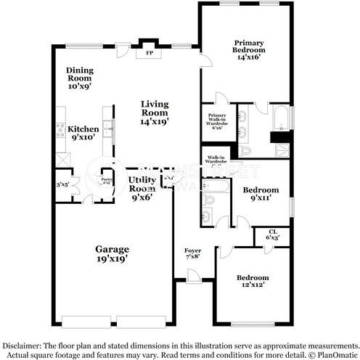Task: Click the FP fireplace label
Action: click(x=150, y=54)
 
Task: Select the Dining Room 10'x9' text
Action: click(x=80, y=78)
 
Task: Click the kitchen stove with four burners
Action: click(x=60, y=131)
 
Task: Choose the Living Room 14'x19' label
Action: click(x=155, y=112)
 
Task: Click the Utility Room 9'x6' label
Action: click(x=142, y=187)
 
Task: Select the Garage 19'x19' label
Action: click(x=112, y=253)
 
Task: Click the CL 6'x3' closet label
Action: click(x=273, y=234)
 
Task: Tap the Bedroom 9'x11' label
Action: click(x=260, y=194)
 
